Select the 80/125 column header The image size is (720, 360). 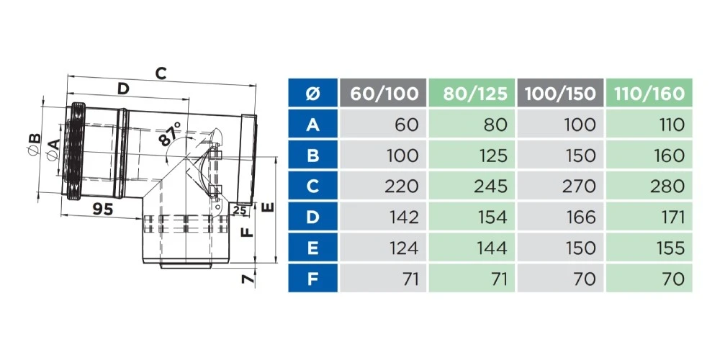tap(472, 93)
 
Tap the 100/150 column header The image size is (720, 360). tap(561, 93)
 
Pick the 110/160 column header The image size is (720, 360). tap(649, 93)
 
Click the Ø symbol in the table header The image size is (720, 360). tap(312, 93)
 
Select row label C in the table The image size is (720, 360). tap(312, 186)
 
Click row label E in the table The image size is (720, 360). tap(312, 248)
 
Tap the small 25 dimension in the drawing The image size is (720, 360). tap(240, 210)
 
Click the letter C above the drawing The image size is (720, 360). tap(161, 73)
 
